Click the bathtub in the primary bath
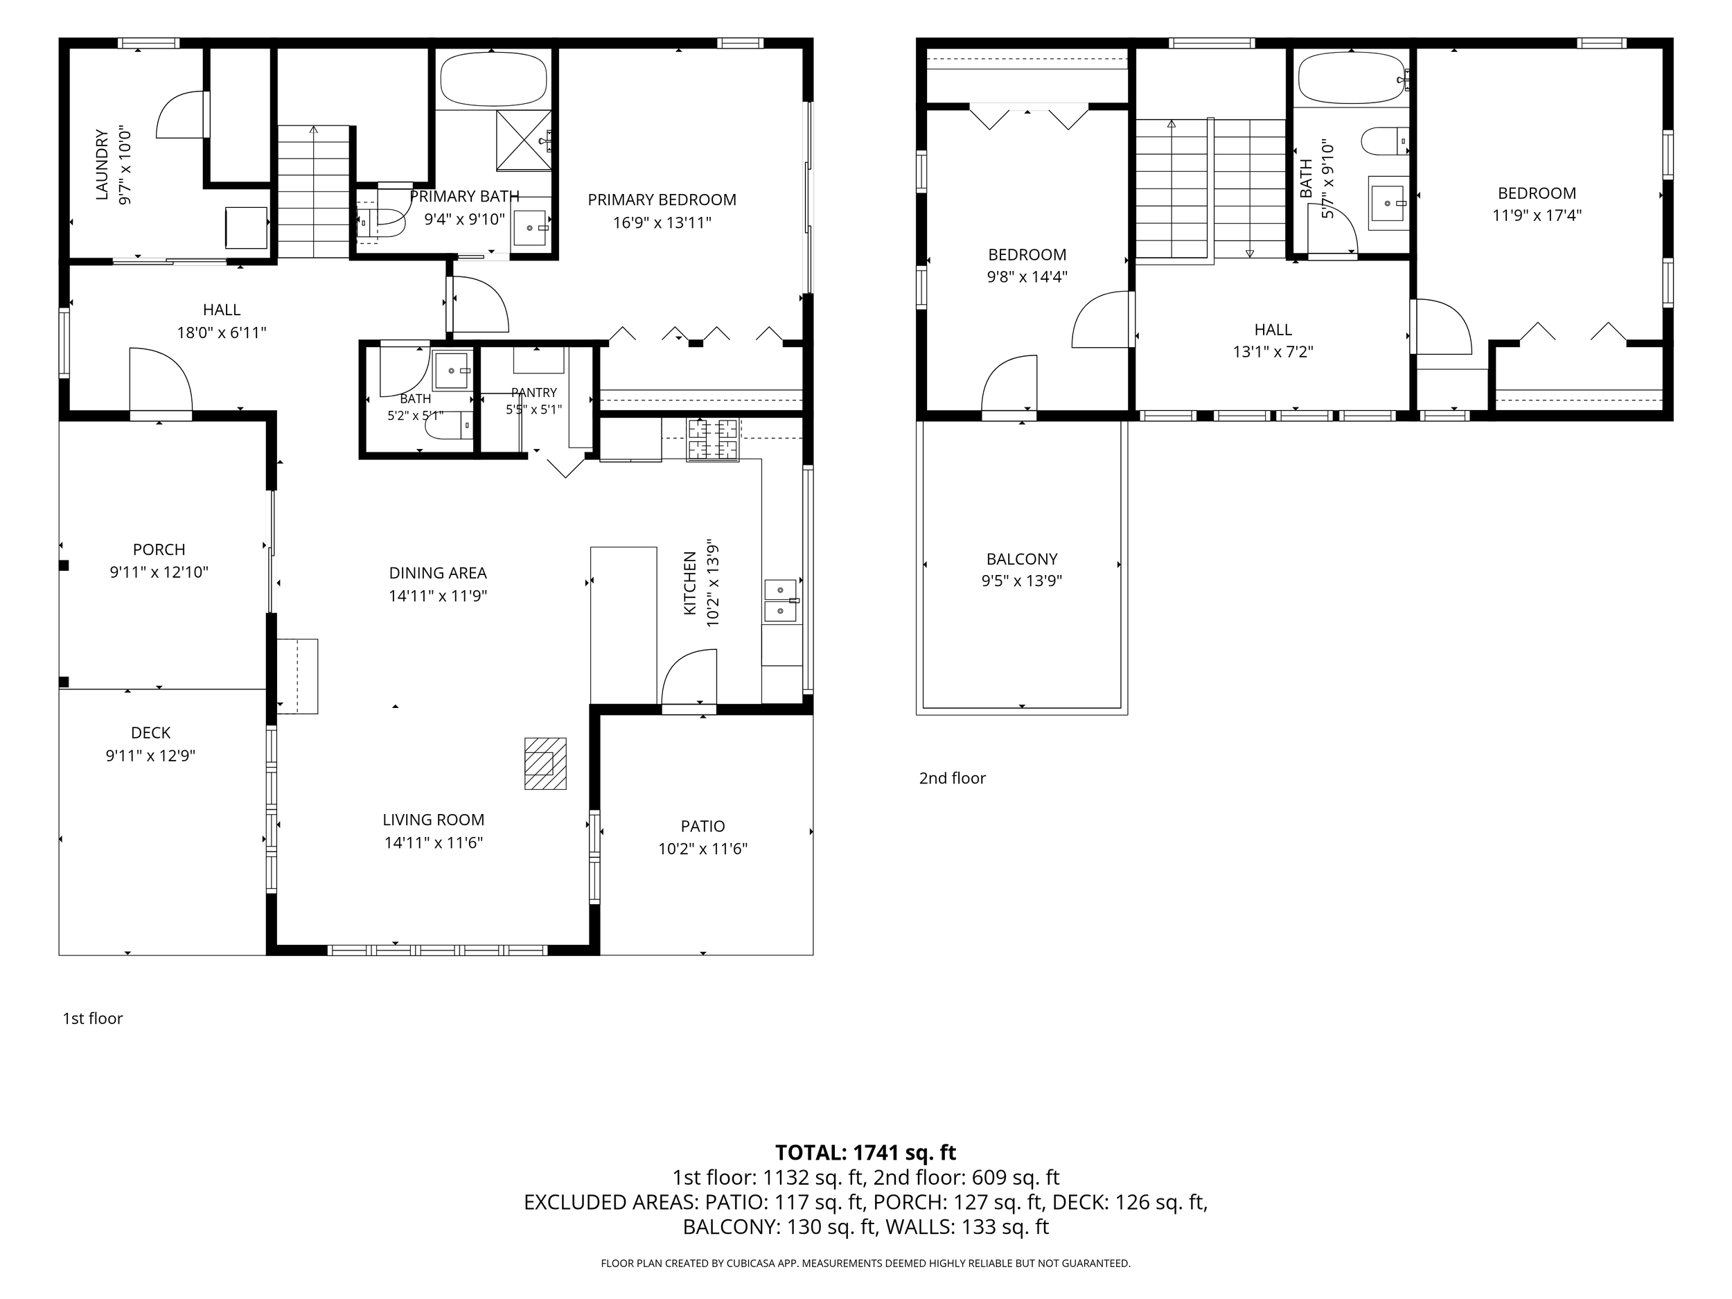tap(493, 79)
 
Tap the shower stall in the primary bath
tap(524, 140)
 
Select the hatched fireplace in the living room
tap(545, 763)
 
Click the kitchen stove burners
tap(712, 439)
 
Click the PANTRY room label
tap(534, 392)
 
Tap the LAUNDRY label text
tap(102, 164)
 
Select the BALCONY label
tap(1022, 559)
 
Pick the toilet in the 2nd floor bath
tap(1384, 143)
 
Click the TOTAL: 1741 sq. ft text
tap(865, 1153)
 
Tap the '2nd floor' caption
tap(952, 778)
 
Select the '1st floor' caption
tap(92, 1018)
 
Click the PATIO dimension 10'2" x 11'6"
tap(703, 849)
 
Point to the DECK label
tap(150, 733)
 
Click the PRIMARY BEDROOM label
tap(662, 200)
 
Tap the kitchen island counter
tap(624, 625)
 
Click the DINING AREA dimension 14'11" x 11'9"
tap(438, 596)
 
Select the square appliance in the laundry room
tap(246, 227)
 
